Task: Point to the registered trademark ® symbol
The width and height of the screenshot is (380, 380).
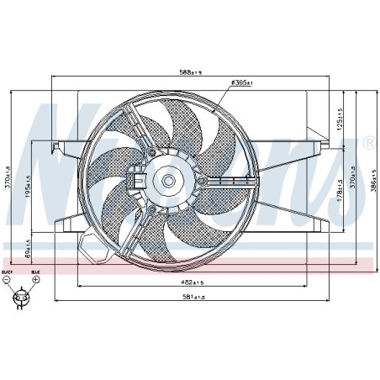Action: click(x=368, y=145)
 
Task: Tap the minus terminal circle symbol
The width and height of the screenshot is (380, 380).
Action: click(x=8, y=281)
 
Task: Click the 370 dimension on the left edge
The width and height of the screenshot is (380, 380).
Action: click(x=8, y=177)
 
